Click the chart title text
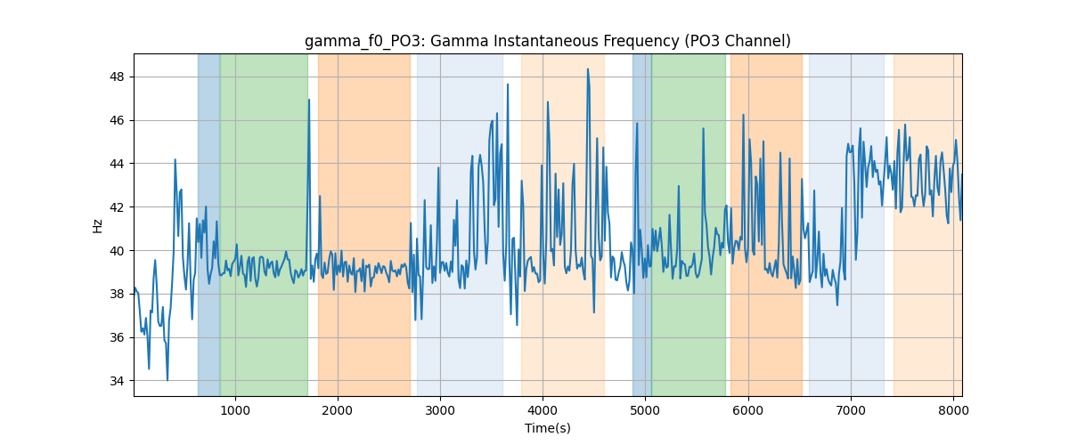[x=547, y=41]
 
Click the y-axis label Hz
[x=97, y=226]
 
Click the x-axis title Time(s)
[x=547, y=428]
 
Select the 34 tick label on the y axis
[x=117, y=381]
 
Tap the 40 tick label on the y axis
[x=117, y=250]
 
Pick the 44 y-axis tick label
[x=117, y=164]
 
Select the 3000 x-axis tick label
[x=440, y=410]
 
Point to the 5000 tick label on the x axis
[x=645, y=410]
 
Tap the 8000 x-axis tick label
[x=953, y=410]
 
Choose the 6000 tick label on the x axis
[x=747, y=410]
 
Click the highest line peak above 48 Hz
[x=588, y=69]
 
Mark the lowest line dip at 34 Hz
[x=167, y=380]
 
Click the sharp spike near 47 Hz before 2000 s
[x=309, y=100]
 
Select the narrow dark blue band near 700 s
[x=209, y=224]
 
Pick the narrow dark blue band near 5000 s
[x=642, y=224]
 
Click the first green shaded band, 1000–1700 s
[x=264, y=224]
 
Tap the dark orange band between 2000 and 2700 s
[x=364, y=224]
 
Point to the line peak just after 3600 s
[x=508, y=85]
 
